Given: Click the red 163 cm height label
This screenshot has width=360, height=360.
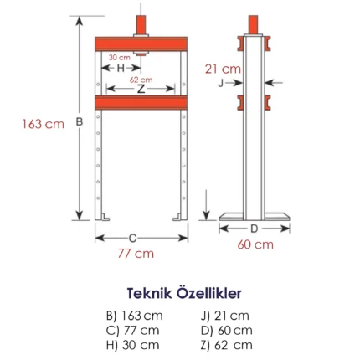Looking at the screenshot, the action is point(44,124).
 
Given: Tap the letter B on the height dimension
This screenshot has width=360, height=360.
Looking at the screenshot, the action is point(80,122).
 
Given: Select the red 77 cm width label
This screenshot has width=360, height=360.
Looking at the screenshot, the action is point(136,254).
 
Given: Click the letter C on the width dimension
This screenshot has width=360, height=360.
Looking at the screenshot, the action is point(132,239).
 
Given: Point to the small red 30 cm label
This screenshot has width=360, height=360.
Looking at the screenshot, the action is point(120,58).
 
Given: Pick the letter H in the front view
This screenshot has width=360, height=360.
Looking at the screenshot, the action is point(121,68).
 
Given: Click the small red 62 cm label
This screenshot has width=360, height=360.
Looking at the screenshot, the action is point(141,80).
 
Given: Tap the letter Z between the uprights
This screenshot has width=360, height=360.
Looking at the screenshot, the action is point(141,89).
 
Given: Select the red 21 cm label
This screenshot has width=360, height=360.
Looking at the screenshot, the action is point(223,69).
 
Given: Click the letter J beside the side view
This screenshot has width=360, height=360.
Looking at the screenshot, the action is point(220,83).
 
